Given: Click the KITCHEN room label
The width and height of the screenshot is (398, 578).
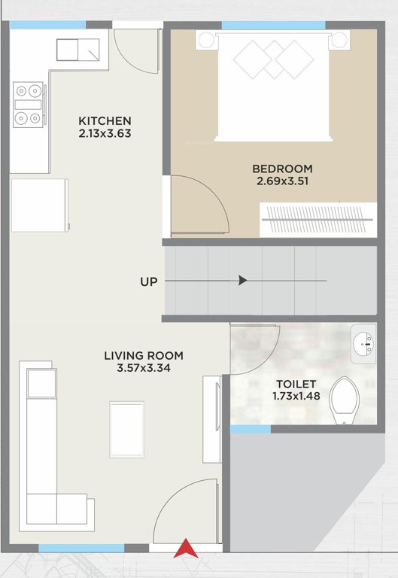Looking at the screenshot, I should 105,120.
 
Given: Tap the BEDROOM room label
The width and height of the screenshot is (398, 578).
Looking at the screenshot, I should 282,169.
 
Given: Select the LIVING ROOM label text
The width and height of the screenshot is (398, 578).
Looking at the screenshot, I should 144,356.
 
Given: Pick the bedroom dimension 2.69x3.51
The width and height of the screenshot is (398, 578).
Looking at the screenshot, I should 282,181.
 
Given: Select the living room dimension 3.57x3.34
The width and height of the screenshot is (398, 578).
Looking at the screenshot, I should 144,368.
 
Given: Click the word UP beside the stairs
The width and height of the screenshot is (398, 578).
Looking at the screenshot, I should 148,281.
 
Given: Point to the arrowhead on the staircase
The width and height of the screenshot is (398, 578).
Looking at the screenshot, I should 243,281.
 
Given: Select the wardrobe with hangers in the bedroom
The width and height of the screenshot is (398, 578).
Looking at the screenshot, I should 316,220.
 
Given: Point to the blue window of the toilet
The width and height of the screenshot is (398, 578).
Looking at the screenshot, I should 250,429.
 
